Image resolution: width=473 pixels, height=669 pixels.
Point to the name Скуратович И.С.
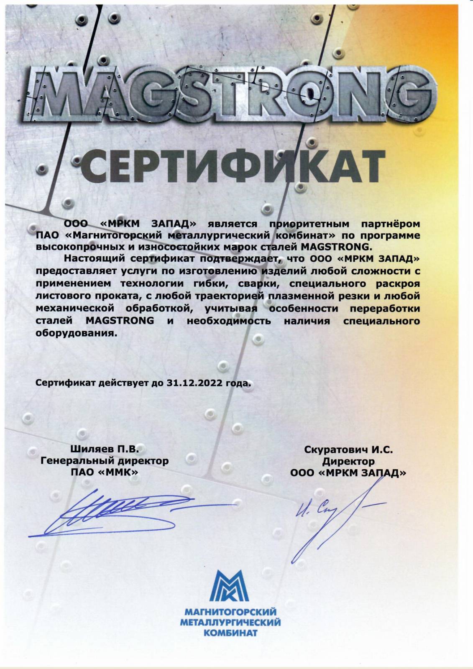348,450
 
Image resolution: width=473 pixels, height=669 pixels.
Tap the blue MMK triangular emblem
230,585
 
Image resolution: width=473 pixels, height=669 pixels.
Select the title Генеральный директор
105,461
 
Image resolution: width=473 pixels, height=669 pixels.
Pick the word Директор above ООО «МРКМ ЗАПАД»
348,462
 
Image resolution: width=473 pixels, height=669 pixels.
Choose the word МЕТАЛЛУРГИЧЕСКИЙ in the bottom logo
230,623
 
